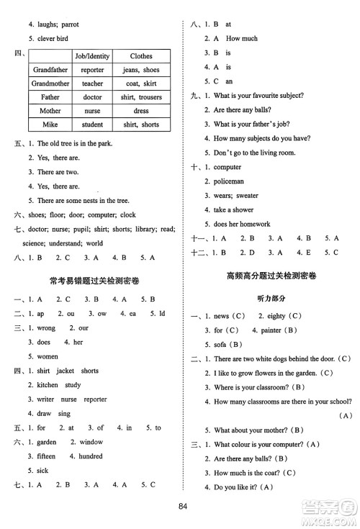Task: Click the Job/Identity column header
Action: pos(89,56)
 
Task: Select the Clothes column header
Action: pos(140,56)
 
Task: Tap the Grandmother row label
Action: pos(50,83)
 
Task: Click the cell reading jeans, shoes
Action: pos(140,70)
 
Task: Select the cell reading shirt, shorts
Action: pos(140,125)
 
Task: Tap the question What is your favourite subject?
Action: pos(258,96)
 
